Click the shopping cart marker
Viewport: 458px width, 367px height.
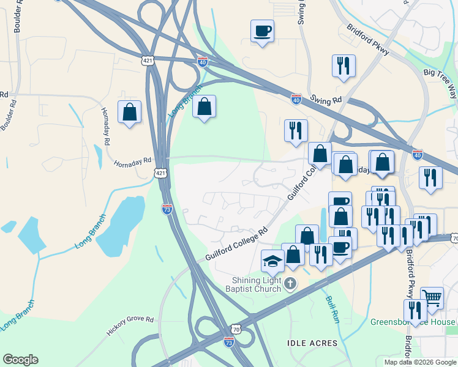pos(432,298)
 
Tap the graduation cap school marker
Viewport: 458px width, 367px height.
pos(273,262)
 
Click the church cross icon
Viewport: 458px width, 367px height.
pos(290,284)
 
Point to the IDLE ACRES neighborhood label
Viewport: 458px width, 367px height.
pos(312,343)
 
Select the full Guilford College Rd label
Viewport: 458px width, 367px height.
pos(237,245)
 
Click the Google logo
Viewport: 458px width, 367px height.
pos(20,360)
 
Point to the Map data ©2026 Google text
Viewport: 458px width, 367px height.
pos(419,362)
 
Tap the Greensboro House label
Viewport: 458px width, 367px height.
pos(413,322)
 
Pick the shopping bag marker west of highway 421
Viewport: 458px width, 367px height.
pos(130,112)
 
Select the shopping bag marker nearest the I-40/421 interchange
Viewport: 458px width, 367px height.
pos(205,106)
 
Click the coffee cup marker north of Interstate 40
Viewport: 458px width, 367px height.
pos(262,31)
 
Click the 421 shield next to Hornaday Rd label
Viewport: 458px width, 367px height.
pos(160,173)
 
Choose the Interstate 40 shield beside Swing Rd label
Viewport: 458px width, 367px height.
pos(296,98)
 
